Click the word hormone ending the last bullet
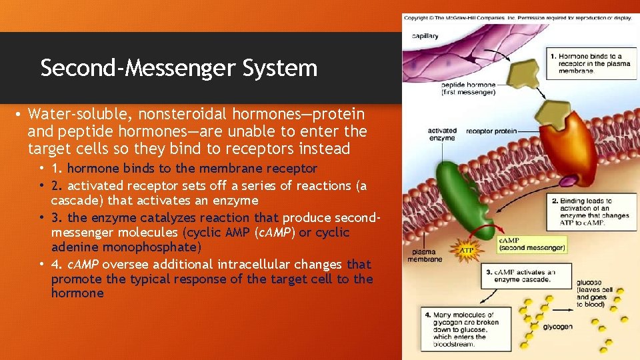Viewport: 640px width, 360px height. pos(77,293)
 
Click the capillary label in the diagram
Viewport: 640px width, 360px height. pos(425,36)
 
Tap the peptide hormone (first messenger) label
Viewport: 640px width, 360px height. pos(467,89)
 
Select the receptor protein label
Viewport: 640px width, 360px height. pos(491,131)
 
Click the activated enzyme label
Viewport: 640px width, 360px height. pos(441,134)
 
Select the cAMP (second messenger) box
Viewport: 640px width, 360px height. pos(531,245)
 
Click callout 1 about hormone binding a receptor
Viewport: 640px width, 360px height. pos(589,64)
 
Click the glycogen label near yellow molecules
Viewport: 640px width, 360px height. pos(557,327)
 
